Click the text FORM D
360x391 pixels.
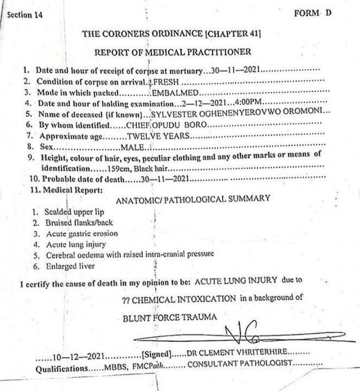tap(313, 13)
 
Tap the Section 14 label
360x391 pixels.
tap(25, 15)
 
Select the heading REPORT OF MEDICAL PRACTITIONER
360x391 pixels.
tap(173, 52)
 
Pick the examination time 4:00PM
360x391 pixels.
tap(250, 103)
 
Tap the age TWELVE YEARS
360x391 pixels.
tap(157, 135)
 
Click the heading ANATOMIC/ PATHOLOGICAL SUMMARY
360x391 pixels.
tap(193, 199)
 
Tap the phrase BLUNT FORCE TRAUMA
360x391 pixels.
tap(170, 317)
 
